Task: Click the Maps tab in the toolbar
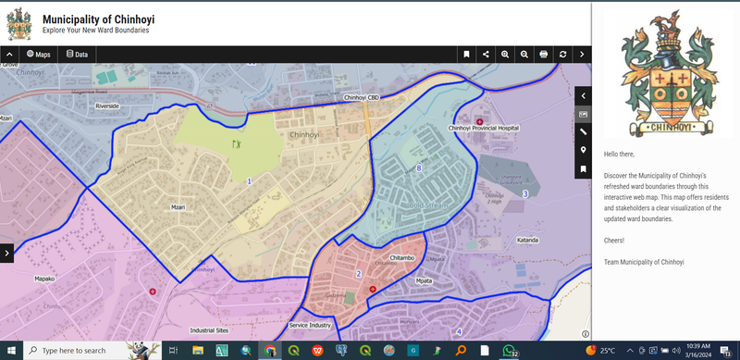click(x=38, y=55)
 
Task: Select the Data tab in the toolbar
click(x=77, y=55)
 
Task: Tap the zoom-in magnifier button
click(x=505, y=55)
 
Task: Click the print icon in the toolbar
click(x=544, y=55)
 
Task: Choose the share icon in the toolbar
click(x=486, y=55)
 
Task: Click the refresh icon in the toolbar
click(x=563, y=55)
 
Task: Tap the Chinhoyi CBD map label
click(x=362, y=97)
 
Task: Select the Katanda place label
click(x=527, y=240)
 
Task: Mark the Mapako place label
click(x=45, y=278)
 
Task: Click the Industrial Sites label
click(x=208, y=329)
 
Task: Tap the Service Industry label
click(x=309, y=326)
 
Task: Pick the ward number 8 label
click(x=419, y=168)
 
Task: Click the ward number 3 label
click(x=524, y=193)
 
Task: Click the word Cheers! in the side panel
click(x=614, y=241)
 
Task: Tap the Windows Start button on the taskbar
click(x=9, y=351)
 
